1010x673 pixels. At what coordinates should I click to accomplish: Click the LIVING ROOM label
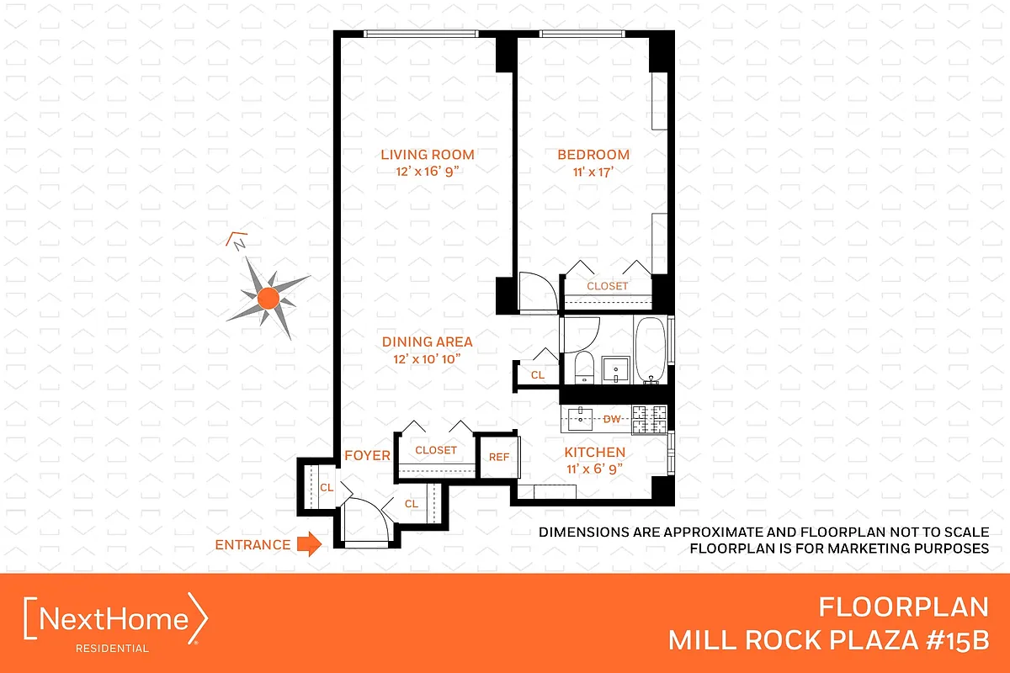tap(427, 155)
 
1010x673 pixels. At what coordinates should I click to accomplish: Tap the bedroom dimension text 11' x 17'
tap(593, 172)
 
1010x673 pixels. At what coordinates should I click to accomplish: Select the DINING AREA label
tap(427, 342)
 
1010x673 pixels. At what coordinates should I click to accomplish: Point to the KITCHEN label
tap(594, 453)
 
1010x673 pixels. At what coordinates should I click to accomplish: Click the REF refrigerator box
tap(499, 457)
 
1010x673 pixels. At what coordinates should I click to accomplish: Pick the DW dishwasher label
tap(613, 417)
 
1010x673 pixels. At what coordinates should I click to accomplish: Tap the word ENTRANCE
tap(252, 545)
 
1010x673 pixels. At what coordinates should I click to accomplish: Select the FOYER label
tap(367, 456)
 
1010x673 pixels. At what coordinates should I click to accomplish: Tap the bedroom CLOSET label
tap(607, 286)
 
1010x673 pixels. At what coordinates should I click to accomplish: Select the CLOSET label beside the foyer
tap(436, 451)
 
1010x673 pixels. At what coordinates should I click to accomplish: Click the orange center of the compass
tap(268, 296)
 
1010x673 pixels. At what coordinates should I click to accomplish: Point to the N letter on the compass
tap(239, 244)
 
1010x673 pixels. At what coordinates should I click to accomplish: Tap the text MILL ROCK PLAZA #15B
tap(828, 640)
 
